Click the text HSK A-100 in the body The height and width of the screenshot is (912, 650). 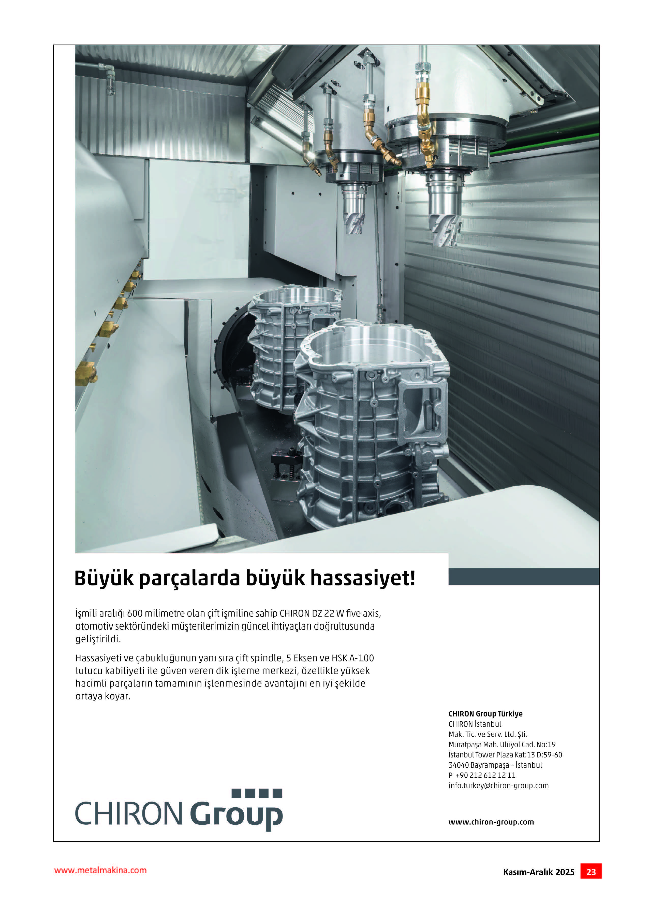(353, 658)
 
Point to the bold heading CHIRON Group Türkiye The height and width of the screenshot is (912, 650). (485, 714)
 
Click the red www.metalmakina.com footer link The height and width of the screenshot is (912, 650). (100, 870)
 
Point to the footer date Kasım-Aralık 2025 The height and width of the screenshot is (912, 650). (539, 872)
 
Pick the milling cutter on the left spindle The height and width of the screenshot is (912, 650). (354, 222)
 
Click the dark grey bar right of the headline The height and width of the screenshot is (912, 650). (524, 577)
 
